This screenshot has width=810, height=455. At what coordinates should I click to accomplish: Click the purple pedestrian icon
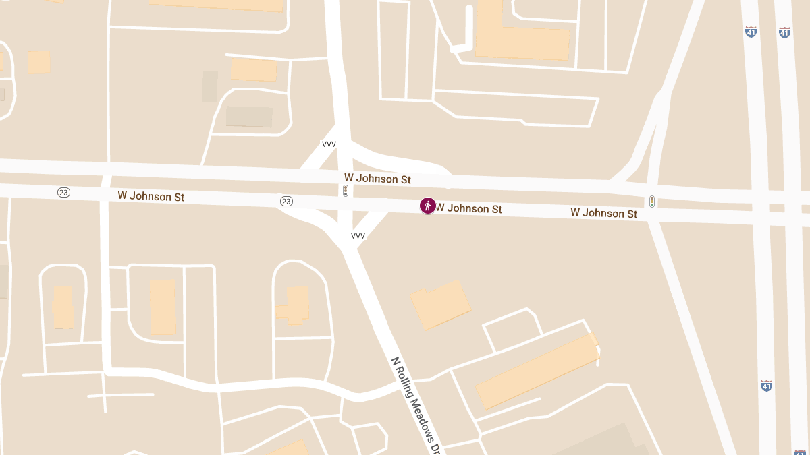[427, 206]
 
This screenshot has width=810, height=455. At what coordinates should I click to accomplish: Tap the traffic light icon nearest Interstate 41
[651, 202]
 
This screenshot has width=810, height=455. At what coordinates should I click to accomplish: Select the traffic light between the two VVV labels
[346, 191]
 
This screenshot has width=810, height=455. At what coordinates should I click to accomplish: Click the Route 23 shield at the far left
[64, 193]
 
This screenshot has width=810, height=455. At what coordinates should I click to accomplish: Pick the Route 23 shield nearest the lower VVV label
[286, 202]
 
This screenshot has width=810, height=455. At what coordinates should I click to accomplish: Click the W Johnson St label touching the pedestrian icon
[469, 209]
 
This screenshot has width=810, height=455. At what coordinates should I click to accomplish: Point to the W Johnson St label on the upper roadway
[377, 179]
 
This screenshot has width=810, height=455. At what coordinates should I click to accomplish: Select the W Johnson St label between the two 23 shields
[151, 196]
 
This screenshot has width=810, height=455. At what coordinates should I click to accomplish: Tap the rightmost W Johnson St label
[603, 213]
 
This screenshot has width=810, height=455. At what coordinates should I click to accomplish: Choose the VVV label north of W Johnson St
[329, 144]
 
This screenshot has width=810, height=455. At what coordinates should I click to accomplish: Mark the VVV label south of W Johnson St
[358, 236]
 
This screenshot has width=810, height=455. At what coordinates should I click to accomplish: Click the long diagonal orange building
[537, 371]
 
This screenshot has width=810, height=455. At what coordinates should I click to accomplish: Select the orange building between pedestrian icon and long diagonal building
[441, 305]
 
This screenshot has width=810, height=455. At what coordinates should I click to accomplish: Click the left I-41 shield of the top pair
[751, 32]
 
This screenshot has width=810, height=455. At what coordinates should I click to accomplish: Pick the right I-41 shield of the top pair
[784, 32]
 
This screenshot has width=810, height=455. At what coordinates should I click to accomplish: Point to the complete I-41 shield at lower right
[766, 386]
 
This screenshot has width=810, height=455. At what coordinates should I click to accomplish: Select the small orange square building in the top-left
[38, 62]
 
